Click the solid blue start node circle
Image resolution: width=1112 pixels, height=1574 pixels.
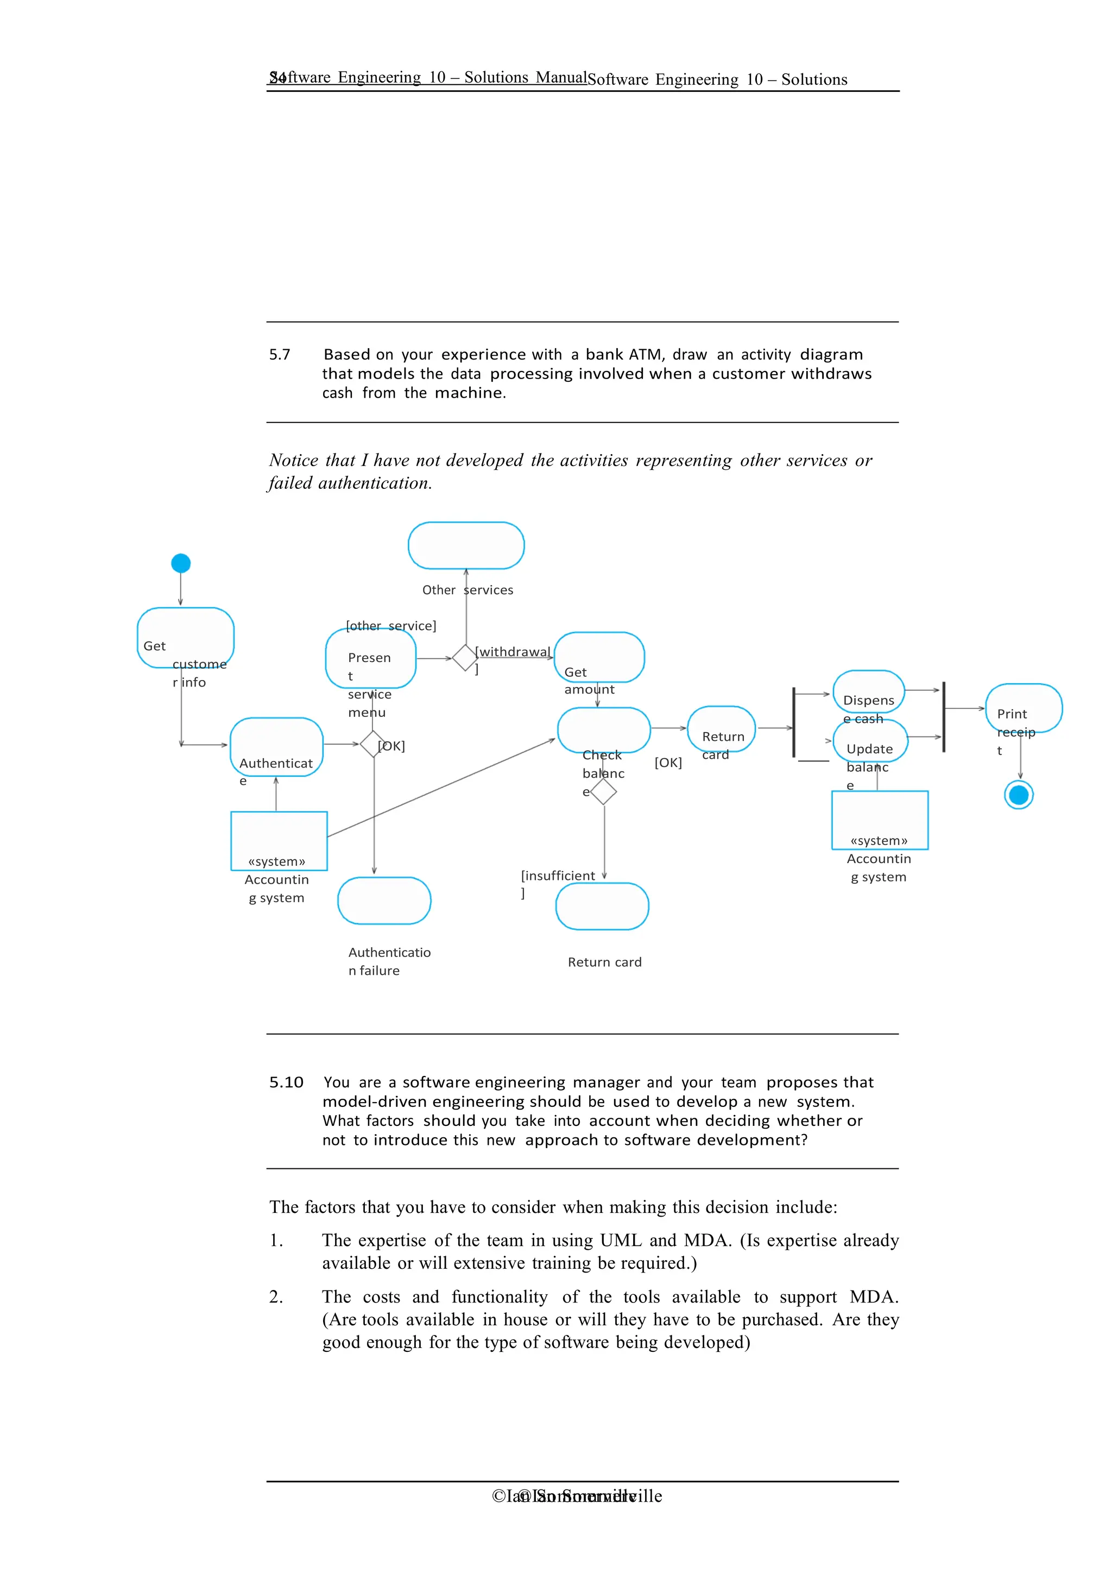tap(181, 564)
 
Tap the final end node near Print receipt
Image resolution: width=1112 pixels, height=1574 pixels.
tap(1019, 795)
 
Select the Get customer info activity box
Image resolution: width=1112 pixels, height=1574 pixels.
tap(186, 638)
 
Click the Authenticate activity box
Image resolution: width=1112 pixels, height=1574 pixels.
tap(276, 747)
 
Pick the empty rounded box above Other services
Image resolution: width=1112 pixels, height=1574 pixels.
tap(466, 546)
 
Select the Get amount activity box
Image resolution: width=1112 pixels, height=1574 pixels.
tap(599, 657)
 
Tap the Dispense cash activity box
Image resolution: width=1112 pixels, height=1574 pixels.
tap(869, 692)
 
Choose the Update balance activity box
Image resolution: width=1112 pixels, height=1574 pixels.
tap(870, 741)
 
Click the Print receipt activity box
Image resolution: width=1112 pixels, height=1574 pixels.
tap(1023, 708)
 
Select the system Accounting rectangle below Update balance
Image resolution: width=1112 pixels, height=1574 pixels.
tap(880, 820)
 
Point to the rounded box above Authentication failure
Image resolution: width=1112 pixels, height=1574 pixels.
tap(384, 901)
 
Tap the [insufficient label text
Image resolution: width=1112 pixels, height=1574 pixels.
tap(558, 876)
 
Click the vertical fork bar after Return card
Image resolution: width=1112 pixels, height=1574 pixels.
tap(794, 722)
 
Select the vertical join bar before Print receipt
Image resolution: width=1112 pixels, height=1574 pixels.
tap(944, 717)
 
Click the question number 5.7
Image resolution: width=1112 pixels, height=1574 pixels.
tap(280, 355)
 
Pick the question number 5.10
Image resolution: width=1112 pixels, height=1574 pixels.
tap(286, 1082)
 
